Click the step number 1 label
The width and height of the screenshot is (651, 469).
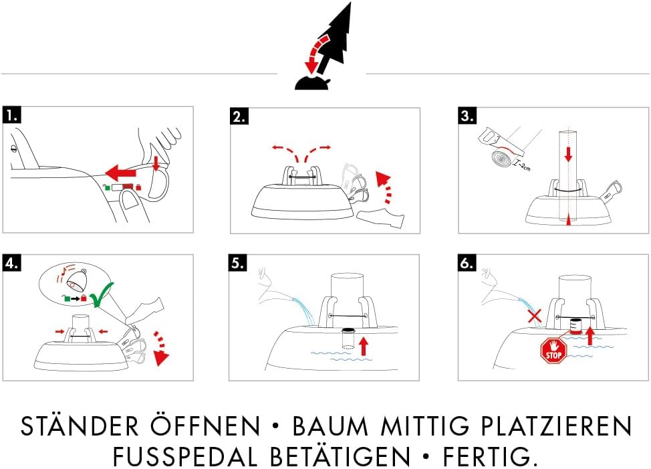[x=11, y=115]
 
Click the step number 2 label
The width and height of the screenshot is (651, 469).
[x=239, y=116]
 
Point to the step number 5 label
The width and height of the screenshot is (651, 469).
[x=239, y=264]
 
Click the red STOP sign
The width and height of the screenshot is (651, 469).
[x=553, y=350]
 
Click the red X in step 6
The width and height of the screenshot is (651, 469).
[x=534, y=315]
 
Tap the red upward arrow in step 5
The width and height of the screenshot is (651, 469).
[x=363, y=346]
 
